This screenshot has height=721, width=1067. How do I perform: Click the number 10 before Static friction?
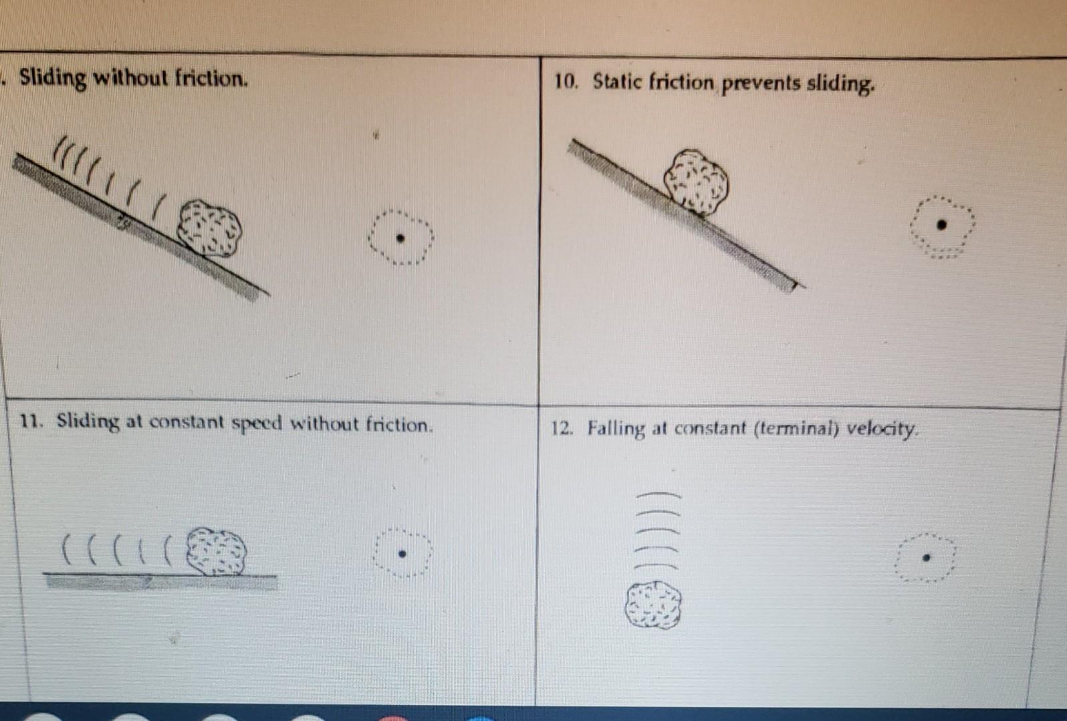pyautogui.click(x=565, y=81)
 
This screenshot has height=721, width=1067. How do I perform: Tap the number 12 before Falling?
pyautogui.click(x=562, y=428)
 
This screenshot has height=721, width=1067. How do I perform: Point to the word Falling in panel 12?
pyautogui.click(x=616, y=429)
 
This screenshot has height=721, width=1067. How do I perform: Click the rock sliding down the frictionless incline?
pyautogui.click(x=210, y=228)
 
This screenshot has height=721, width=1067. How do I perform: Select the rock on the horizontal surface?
pyautogui.click(x=216, y=551)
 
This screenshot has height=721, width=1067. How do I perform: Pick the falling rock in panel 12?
pyautogui.click(x=653, y=605)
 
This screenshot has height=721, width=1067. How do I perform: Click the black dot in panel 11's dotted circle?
pyautogui.click(x=402, y=553)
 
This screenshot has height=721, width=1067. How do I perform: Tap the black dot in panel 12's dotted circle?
pyautogui.click(x=926, y=557)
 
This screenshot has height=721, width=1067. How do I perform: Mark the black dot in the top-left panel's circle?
pyautogui.click(x=400, y=238)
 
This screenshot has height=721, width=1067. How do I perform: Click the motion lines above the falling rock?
pyautogui.click(x=658, y=531)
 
